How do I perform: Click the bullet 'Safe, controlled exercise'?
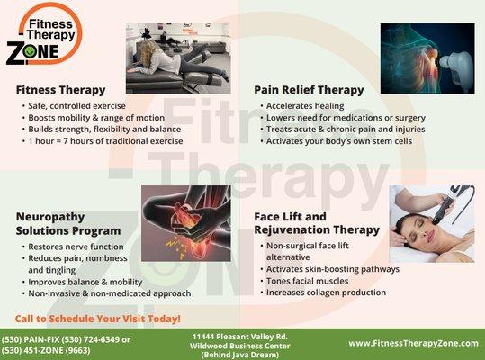74,106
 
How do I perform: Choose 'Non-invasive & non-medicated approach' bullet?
109,293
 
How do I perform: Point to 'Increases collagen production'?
326,292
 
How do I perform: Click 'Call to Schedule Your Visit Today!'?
98,319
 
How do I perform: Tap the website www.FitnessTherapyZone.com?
413,343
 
